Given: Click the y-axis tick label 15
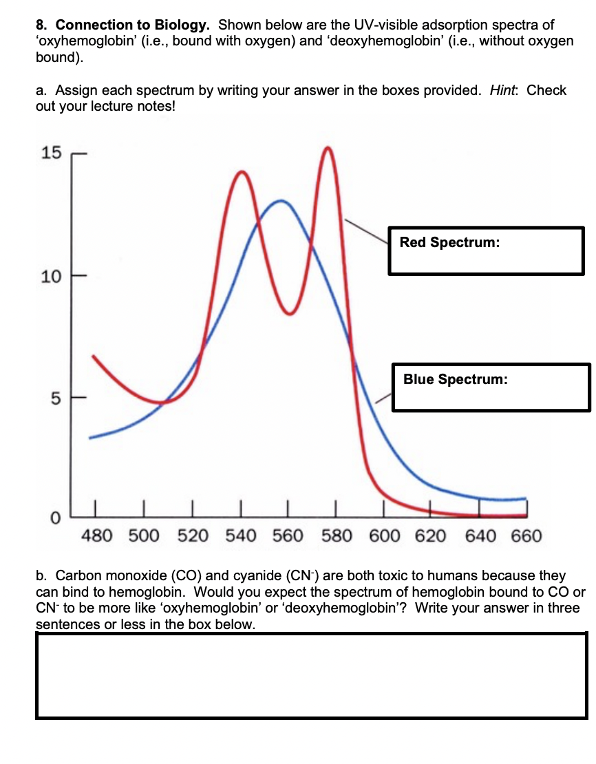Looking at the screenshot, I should (x=50, y=153).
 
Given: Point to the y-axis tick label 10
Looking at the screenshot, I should (x=50, y=277).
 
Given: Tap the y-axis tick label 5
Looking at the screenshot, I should (x=55, y=398).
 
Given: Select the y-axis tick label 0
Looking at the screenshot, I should (x=55, y=518).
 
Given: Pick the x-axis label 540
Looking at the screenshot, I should (x=242, y=535).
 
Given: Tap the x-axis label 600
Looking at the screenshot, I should (x=386, y=535).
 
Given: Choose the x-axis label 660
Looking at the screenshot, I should (x=527, y=535).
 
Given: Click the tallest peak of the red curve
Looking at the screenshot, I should (x=328, y=148).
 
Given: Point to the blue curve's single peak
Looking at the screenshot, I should (x=281, y=201).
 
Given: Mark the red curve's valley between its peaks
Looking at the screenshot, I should (x=290, y=313).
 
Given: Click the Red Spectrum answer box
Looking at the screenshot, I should (x=486, y=251).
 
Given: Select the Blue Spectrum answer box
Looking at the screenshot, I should (x=491, y=388).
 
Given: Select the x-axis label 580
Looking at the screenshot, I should (x=337, y=535).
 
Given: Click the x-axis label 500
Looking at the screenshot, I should (x=145, y=535).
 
